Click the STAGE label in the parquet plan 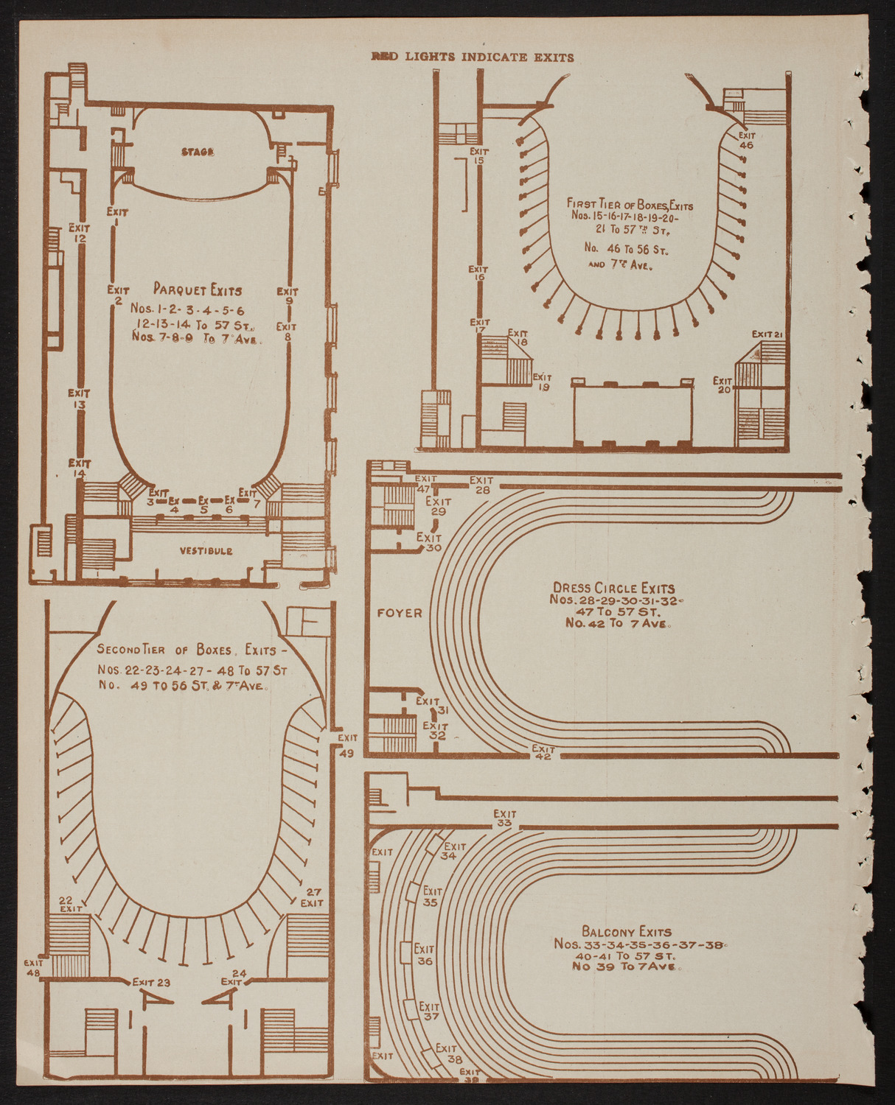[198, 152]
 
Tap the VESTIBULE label [206, 550]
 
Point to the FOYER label [400, 613]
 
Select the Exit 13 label [79, 399]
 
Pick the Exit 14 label [78, 469]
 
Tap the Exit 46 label [746, 140]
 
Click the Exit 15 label [479, 155]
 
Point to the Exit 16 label [479, 273]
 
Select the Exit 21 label [767, 334]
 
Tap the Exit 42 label [543, 752]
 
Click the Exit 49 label [347, 745]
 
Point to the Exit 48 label [34, 967]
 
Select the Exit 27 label [312, 897]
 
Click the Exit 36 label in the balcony [424, 955]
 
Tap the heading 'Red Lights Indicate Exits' [472, 57]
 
